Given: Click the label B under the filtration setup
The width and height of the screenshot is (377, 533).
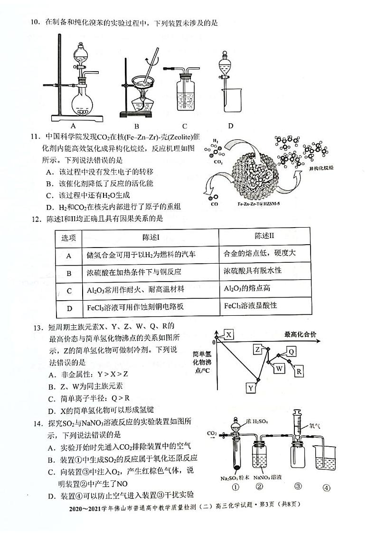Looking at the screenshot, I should pyautogui.click(x=136, y=126).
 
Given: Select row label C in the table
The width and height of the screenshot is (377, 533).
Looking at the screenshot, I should pyautogui.click(x=69, y=290).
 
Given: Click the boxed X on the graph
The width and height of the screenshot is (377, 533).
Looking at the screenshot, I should pyautogui.click(x=229, y=335).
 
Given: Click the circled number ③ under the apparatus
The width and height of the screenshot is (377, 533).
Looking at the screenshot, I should pyautogui.click(x=298, y=487).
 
